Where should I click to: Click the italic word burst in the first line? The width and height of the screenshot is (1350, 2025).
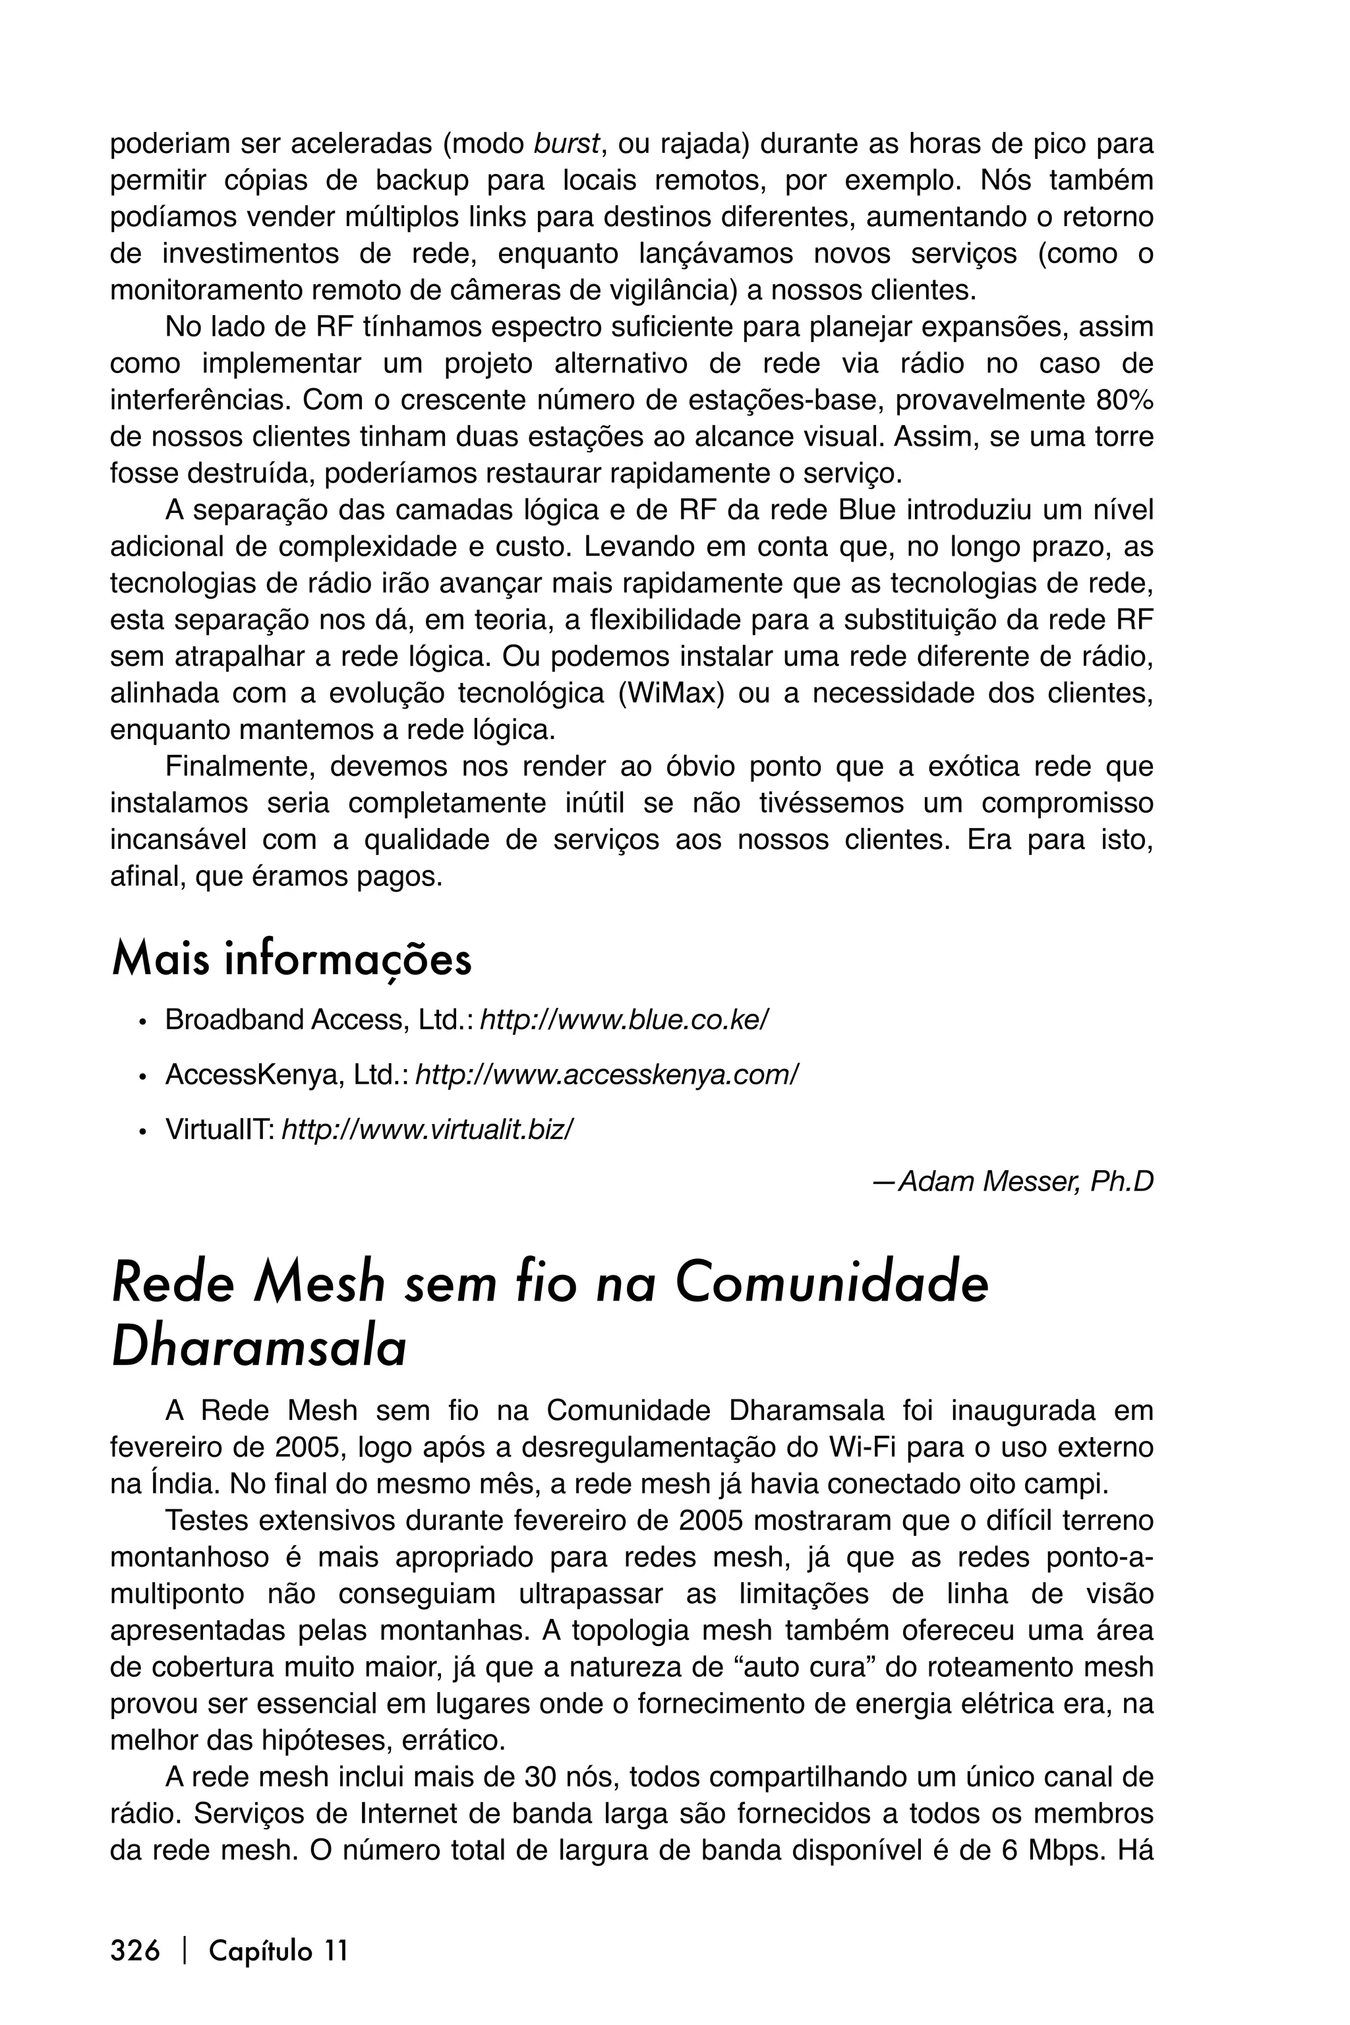566,144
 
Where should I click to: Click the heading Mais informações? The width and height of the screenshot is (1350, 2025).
291,960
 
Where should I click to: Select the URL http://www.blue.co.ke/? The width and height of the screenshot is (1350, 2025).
624,1020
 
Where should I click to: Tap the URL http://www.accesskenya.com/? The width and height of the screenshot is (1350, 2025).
607,1074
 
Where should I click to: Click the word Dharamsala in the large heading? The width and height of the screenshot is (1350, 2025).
258,1349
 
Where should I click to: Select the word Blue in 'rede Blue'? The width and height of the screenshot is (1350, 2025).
866,511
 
